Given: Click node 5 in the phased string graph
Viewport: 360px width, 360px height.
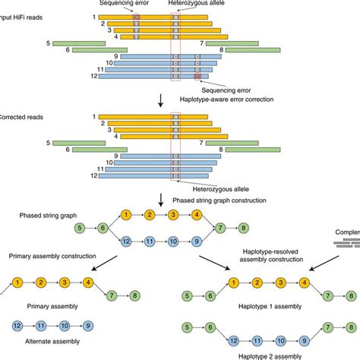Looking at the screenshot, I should pyautogui.click(x=80, y=227).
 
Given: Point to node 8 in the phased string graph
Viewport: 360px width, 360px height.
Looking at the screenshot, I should pyautogui.click(x=243, y=227).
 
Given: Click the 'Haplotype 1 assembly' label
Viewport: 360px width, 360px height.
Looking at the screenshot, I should pyautogui.click(x=245, y=311).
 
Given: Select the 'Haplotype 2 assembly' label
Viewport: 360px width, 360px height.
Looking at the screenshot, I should pyautogui.click(x=244, y=355).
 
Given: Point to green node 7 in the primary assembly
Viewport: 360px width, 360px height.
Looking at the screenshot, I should pyautogui.click(x=112, y=294).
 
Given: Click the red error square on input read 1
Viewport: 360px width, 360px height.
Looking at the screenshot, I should pyautogui.click(x=136, y=17).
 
